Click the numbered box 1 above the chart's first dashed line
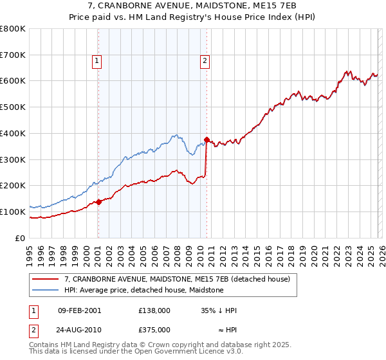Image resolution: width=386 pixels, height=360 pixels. [x=96, y=61]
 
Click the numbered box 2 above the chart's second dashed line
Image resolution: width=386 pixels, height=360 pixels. [x=205, y=61]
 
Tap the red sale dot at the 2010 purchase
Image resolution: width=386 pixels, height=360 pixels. [x=207, y=139]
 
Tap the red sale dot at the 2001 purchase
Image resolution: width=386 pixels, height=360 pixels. [x=98, y=201]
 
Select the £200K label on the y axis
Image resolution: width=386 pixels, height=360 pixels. [x=13, y=185]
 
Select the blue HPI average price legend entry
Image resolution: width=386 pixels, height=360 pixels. [x=143, y=290]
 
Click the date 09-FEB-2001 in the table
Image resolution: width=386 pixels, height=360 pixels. [x=79, y=310]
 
